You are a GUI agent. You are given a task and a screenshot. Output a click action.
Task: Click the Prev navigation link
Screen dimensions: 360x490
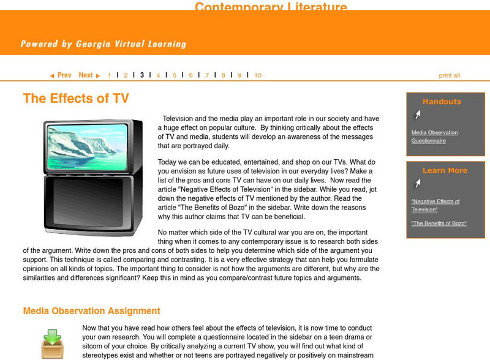(61, 75)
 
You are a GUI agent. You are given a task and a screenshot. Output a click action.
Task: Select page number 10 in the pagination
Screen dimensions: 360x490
(258, 75)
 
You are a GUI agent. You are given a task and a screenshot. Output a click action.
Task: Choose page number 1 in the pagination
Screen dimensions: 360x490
(110, 75)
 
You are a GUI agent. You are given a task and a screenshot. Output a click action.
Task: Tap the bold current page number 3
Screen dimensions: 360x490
(141, 75)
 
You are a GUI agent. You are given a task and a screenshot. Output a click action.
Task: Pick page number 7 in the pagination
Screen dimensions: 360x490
(207, 75)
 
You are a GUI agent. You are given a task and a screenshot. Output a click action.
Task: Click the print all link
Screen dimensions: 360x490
(449, 75)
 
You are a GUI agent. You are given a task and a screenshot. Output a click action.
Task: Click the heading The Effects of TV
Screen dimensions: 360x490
(76, 99)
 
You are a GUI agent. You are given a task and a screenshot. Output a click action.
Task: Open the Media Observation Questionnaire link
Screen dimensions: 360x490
(434, 137)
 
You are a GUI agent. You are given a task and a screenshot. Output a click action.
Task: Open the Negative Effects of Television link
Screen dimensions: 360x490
(435, 205)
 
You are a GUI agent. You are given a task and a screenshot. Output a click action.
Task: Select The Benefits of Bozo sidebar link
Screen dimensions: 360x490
(439, 223)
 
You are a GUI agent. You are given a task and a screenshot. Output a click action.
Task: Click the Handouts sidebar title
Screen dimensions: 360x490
(442, 102)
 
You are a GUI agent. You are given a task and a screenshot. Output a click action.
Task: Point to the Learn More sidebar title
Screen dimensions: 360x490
(445, 170)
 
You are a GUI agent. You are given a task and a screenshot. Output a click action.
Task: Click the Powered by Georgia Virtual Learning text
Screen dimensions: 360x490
(103, 44)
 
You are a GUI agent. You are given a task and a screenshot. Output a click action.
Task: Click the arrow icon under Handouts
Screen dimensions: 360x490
(417, 114)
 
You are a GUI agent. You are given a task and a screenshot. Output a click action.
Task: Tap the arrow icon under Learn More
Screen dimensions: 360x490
(417, 183)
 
